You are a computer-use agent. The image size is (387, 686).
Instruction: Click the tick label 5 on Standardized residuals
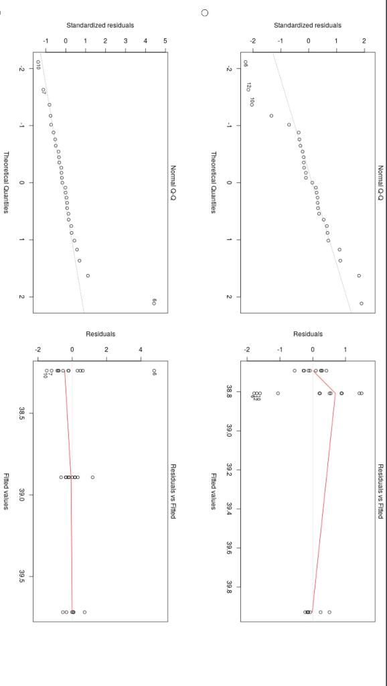point(165,42)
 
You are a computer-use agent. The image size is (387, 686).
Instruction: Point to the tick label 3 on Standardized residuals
point(125,42)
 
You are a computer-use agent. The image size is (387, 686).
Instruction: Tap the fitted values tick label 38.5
point(22,411)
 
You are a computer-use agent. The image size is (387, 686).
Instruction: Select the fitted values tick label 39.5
point(22,576)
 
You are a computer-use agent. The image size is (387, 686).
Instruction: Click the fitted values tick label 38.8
point(230,389)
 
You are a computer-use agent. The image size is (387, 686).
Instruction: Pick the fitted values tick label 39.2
point(230,469)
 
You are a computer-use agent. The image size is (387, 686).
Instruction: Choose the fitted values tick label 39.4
point(230,509)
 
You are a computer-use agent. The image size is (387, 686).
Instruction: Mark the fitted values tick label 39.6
point(230,549)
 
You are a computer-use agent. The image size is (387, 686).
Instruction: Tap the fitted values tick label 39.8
point(230,588)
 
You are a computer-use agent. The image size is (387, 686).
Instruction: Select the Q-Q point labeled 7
point(44,90)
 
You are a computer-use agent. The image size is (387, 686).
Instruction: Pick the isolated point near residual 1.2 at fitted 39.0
point(92,478)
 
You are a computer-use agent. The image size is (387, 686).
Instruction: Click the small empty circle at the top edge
point(205,13)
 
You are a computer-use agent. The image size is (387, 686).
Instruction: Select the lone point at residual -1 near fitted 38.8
point(278,393)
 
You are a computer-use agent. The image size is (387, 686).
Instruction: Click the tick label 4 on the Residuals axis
point(140,349)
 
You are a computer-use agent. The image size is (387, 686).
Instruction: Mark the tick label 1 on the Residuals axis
point(345,349)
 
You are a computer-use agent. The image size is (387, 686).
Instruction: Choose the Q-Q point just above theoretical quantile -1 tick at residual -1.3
point(271,116)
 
